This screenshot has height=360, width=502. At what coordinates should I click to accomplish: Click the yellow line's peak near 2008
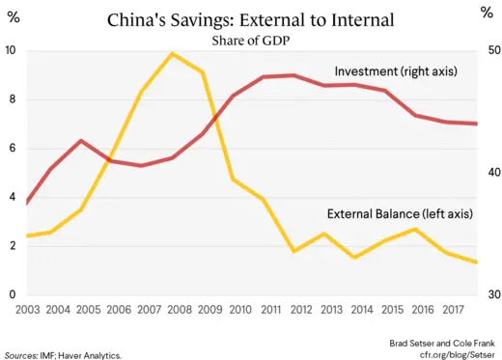(172, 54)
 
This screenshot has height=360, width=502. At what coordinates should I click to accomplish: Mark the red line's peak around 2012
(293, 74)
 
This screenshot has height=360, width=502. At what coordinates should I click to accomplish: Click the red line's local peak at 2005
(81, 141)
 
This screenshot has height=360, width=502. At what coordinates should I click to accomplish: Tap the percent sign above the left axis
(15, 15)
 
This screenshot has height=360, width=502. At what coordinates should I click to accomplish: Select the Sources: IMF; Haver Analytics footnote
(63, 355)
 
